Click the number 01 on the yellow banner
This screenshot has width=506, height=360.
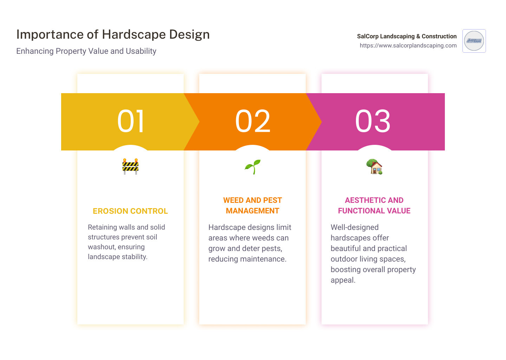point(130,121)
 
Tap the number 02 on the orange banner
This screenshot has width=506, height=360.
point(253,121)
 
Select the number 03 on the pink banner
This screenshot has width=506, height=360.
point(373,121)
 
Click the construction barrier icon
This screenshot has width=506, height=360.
point(130,167)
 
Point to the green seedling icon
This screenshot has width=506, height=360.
point(253,167)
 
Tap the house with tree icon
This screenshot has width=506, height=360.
point(374,167)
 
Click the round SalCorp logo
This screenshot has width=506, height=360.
point(474,41)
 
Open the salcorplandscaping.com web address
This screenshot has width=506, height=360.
point(408,45)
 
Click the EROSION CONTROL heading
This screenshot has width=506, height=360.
point(130,211)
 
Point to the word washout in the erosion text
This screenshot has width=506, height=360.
point(102,247)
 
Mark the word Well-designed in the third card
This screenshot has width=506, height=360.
point(355,227)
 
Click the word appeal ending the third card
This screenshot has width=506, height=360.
point(343,280)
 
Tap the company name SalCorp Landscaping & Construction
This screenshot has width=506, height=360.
point(407,36)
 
